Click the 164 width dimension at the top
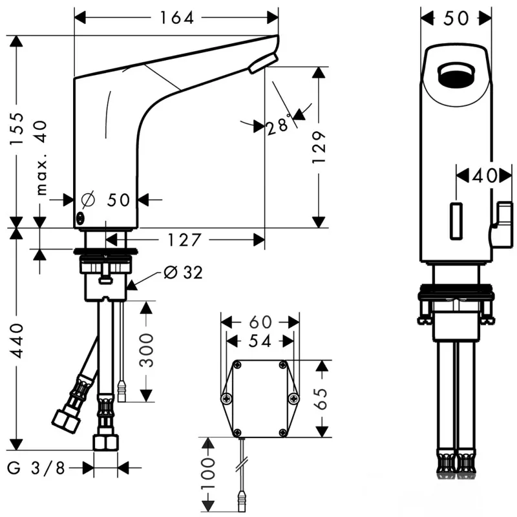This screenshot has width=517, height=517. click(x=176, y=18)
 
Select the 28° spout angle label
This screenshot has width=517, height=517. click(x=279, y=125)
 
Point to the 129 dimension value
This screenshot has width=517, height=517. click(x=319, y=147)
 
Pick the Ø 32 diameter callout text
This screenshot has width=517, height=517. click(x=183, y=273)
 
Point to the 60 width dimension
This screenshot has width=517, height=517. click(x=260, y=321)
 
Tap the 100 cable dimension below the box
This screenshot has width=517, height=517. click(x=209, y=476)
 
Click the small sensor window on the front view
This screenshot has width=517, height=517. click(x=456, y=222)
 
